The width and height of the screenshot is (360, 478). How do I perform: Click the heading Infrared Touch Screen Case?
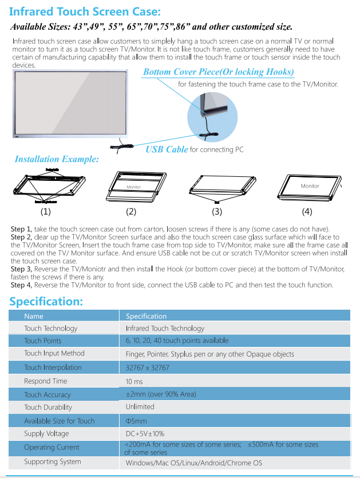[x=85, y=11]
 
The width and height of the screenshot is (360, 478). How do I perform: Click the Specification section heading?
[x=46, y=302]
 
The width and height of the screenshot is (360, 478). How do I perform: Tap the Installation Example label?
[x=56, y=159]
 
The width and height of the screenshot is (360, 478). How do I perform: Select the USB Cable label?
[x=167, y=149]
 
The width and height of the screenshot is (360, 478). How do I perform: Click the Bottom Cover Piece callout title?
[x=218, y=72]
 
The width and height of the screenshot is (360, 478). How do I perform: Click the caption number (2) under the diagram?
[x=131, y=212]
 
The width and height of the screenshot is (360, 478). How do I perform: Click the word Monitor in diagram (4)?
[x=310, y=186]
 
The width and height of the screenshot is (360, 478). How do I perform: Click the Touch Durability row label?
[x=48, y=407]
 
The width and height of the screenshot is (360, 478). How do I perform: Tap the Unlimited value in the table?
[x=140, y=406]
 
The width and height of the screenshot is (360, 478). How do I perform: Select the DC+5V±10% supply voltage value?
[x=145, y=434]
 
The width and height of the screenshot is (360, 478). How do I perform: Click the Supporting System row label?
[x=53, y=461]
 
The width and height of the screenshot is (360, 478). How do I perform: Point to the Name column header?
[x=34, y=316]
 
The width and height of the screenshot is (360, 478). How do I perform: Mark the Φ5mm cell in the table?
[x=136, y=421]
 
